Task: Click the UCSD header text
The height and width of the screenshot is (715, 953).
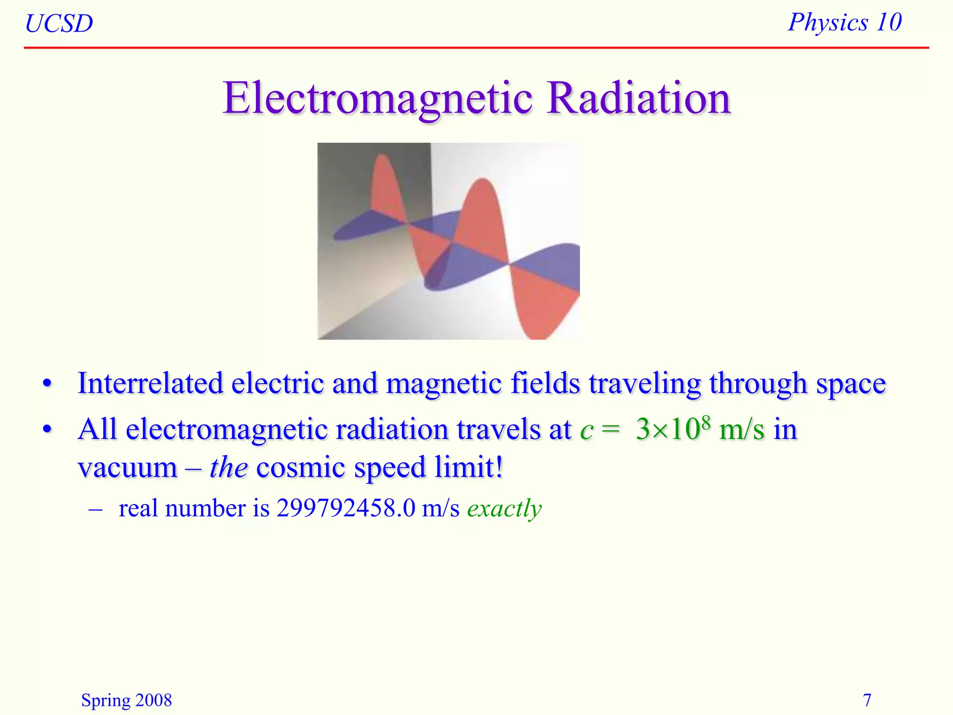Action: point(59,24)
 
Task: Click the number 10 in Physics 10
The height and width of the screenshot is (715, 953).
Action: point(888,22)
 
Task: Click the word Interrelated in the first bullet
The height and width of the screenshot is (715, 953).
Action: point(150,384)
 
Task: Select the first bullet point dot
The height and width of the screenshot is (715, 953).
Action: point(47,384)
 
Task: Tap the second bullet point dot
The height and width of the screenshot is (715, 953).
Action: point(47,429)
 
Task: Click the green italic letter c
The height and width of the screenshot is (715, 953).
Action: point(586,431)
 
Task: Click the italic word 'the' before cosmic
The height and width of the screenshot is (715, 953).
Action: point(228,467)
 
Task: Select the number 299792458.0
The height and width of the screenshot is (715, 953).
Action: point(345,508)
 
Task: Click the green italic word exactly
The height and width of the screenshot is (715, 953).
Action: point(504,509)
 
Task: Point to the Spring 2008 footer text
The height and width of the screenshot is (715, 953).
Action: point(126,700)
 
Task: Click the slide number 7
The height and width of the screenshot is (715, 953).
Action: point(867,700)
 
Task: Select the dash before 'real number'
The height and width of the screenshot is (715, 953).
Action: point(95,509)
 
